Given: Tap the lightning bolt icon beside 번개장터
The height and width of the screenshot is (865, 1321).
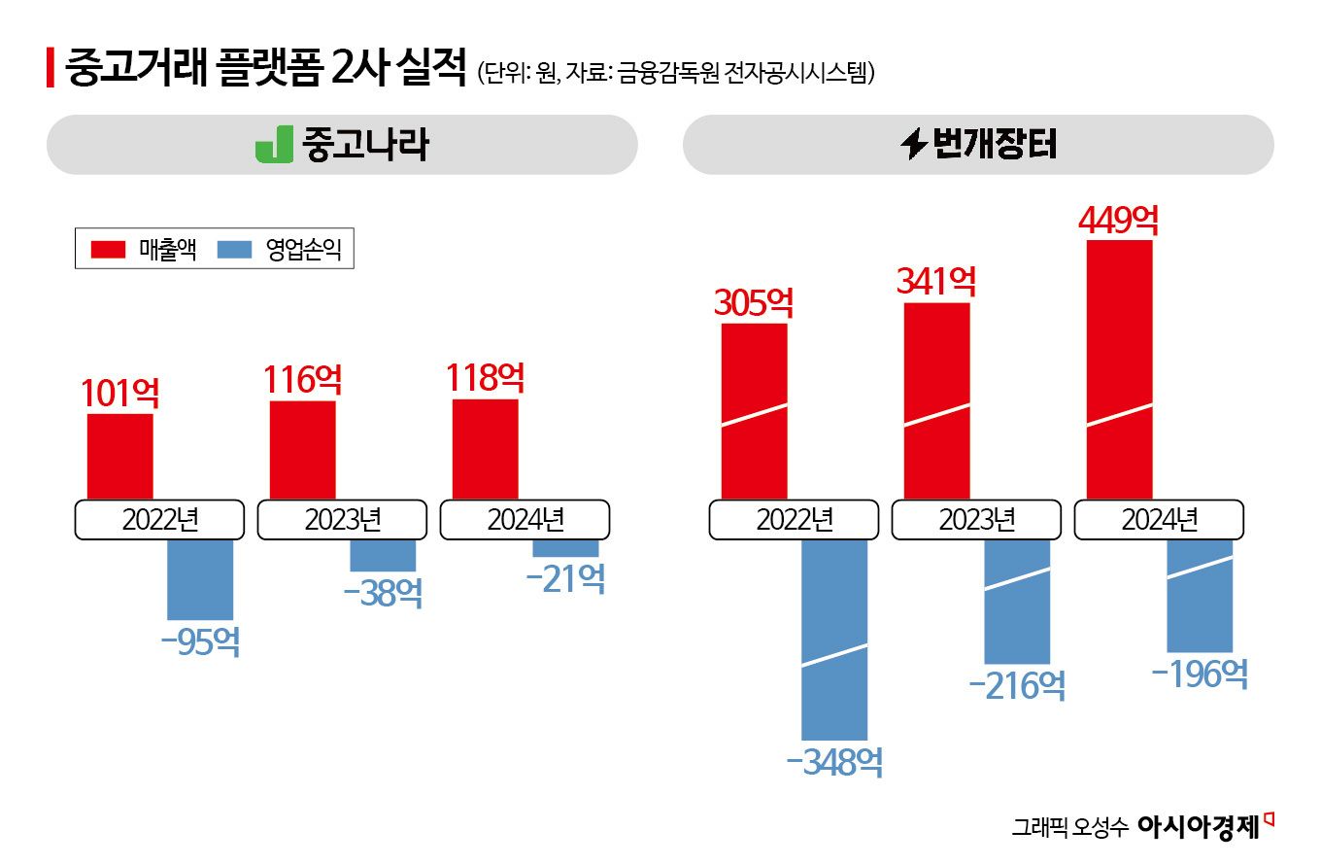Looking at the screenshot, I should click(x=914, y=145).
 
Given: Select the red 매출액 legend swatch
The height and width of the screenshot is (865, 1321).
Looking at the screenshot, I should click(x=108, y=250).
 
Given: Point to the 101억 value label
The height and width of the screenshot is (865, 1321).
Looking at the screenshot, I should click(x=119, y=393).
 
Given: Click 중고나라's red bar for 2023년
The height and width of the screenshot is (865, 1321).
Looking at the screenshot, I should click(x=302, y=449).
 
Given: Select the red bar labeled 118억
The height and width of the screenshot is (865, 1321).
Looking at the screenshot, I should click(x=485, y=448).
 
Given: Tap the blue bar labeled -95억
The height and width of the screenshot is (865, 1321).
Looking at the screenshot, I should click(x=200, y=578).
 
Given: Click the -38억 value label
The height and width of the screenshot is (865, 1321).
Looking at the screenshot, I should click(x=383, y=593).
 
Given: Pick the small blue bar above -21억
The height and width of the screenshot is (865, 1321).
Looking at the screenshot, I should click(x=565, y=548).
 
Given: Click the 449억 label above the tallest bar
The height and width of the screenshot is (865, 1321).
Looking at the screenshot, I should click(x=1118, y=220).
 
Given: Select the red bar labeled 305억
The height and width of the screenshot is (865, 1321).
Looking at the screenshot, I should click(x=754, y=410).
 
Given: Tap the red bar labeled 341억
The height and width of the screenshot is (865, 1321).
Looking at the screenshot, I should click(x=936, y=400).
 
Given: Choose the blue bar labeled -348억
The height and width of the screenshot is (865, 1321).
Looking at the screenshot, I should click(x=833, y=639).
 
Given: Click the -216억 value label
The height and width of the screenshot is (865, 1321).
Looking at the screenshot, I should click(x=1017, y=685).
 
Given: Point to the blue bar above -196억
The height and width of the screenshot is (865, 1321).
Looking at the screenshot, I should click(x=1199, y=595).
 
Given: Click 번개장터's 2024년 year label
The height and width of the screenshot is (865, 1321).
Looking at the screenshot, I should click(x=1159, y=520).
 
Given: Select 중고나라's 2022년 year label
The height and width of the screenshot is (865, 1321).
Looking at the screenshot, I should click(x=159, y=520).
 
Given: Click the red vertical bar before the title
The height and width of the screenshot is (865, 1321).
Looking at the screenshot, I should click(x=50, y=71).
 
